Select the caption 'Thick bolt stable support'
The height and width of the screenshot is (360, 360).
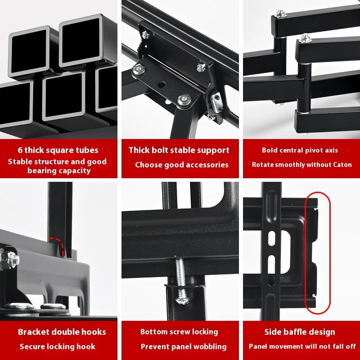pyautogui.click(x=179, y=150)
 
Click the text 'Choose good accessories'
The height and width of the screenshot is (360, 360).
pyautogui.click(x=182, y=165)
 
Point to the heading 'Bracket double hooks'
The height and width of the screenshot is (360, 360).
pyautogui.click(x=62, y=332)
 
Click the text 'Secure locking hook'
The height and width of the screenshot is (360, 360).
pyautogui.click(x=58, y=346)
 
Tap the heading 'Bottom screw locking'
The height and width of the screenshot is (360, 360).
pyautogui.click(x=179, y=332)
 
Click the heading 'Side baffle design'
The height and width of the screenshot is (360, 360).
pyautogui.click(x=299, y=332)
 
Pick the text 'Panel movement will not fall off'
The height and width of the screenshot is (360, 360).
pyautogui.click(x=302, y=346)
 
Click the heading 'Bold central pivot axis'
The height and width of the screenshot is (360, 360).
pyautogui.click(x=300, y=150)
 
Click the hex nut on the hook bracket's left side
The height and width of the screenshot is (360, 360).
pyautogui.click(x=10, y=260)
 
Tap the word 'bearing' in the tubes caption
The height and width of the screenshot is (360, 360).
pyautogui.click(x=43, y=171)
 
